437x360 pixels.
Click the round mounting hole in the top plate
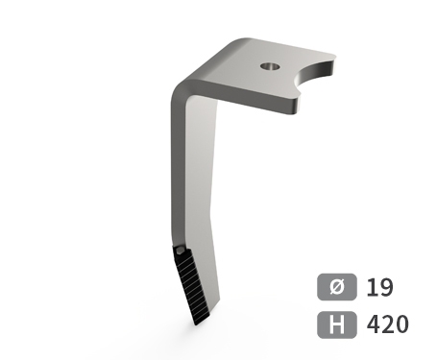tap(270, 66)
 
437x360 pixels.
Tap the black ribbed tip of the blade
tap(192, 285)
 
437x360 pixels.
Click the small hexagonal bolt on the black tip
tap(180, 251)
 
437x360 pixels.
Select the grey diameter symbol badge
tap(337, 287)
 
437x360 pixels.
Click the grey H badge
tap(337, 324)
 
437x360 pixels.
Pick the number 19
tap(379, 287)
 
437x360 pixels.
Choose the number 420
tap(388, 324)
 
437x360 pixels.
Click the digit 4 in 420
tap(374, 324)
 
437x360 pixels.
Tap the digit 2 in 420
tap(388, 324)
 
